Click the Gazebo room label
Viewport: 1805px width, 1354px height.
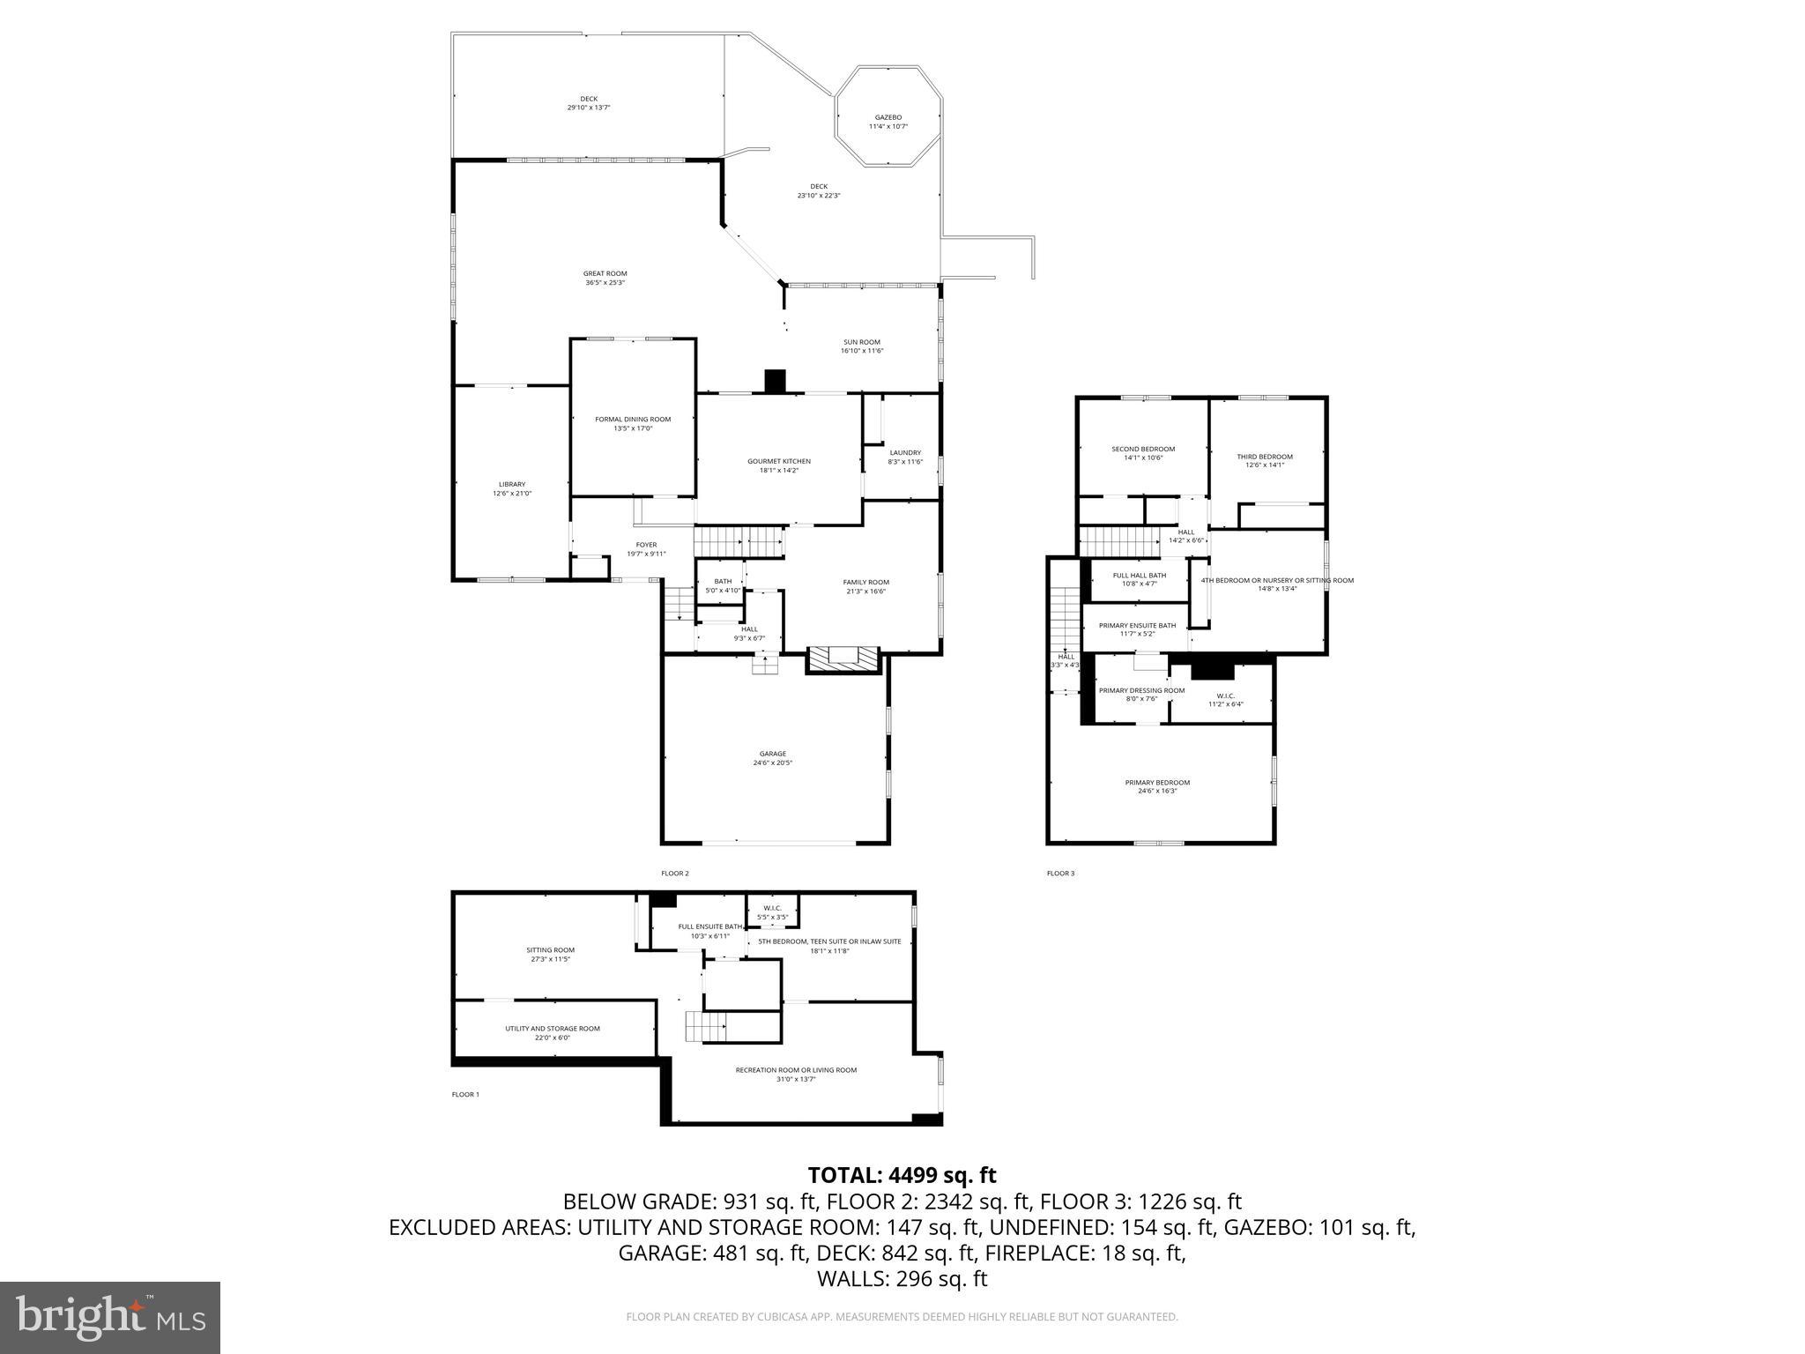pos(888,117)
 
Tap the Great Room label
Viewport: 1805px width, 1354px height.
pos(605,273)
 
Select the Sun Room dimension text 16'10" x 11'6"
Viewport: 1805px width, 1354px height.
pos(861,351)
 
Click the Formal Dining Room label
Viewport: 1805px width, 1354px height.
pos(633,419)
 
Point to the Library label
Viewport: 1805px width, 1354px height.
pos(511,484)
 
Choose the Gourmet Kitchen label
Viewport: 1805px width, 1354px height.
pos(778,461)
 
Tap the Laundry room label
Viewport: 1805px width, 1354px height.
pos(905,452)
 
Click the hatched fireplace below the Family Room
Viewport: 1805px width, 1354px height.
pos(843,658)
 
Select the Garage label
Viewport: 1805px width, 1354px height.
pos(772,754)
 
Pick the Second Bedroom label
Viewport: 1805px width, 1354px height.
pos(1143,449)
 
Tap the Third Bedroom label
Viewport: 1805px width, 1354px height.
pos(1264,457)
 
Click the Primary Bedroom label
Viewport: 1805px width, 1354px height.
pos(1156,782)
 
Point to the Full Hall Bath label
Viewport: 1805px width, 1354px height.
pos(1139,575)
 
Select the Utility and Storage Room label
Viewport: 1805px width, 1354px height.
pos(552,1028)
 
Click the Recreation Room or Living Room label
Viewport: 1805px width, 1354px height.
pos(796,1069)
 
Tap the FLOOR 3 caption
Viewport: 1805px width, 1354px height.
pos(1060,874)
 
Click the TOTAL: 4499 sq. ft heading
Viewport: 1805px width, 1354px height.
pos(902,1175)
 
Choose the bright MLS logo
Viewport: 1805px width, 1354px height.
pos(110,1317)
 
